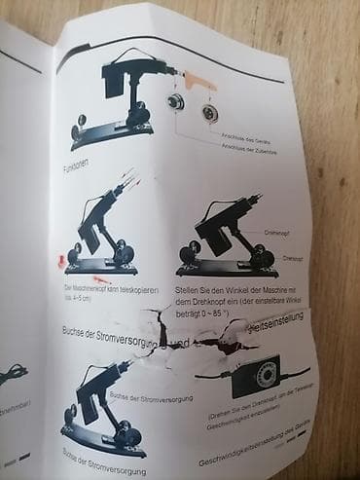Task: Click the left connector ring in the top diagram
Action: (177, 104)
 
